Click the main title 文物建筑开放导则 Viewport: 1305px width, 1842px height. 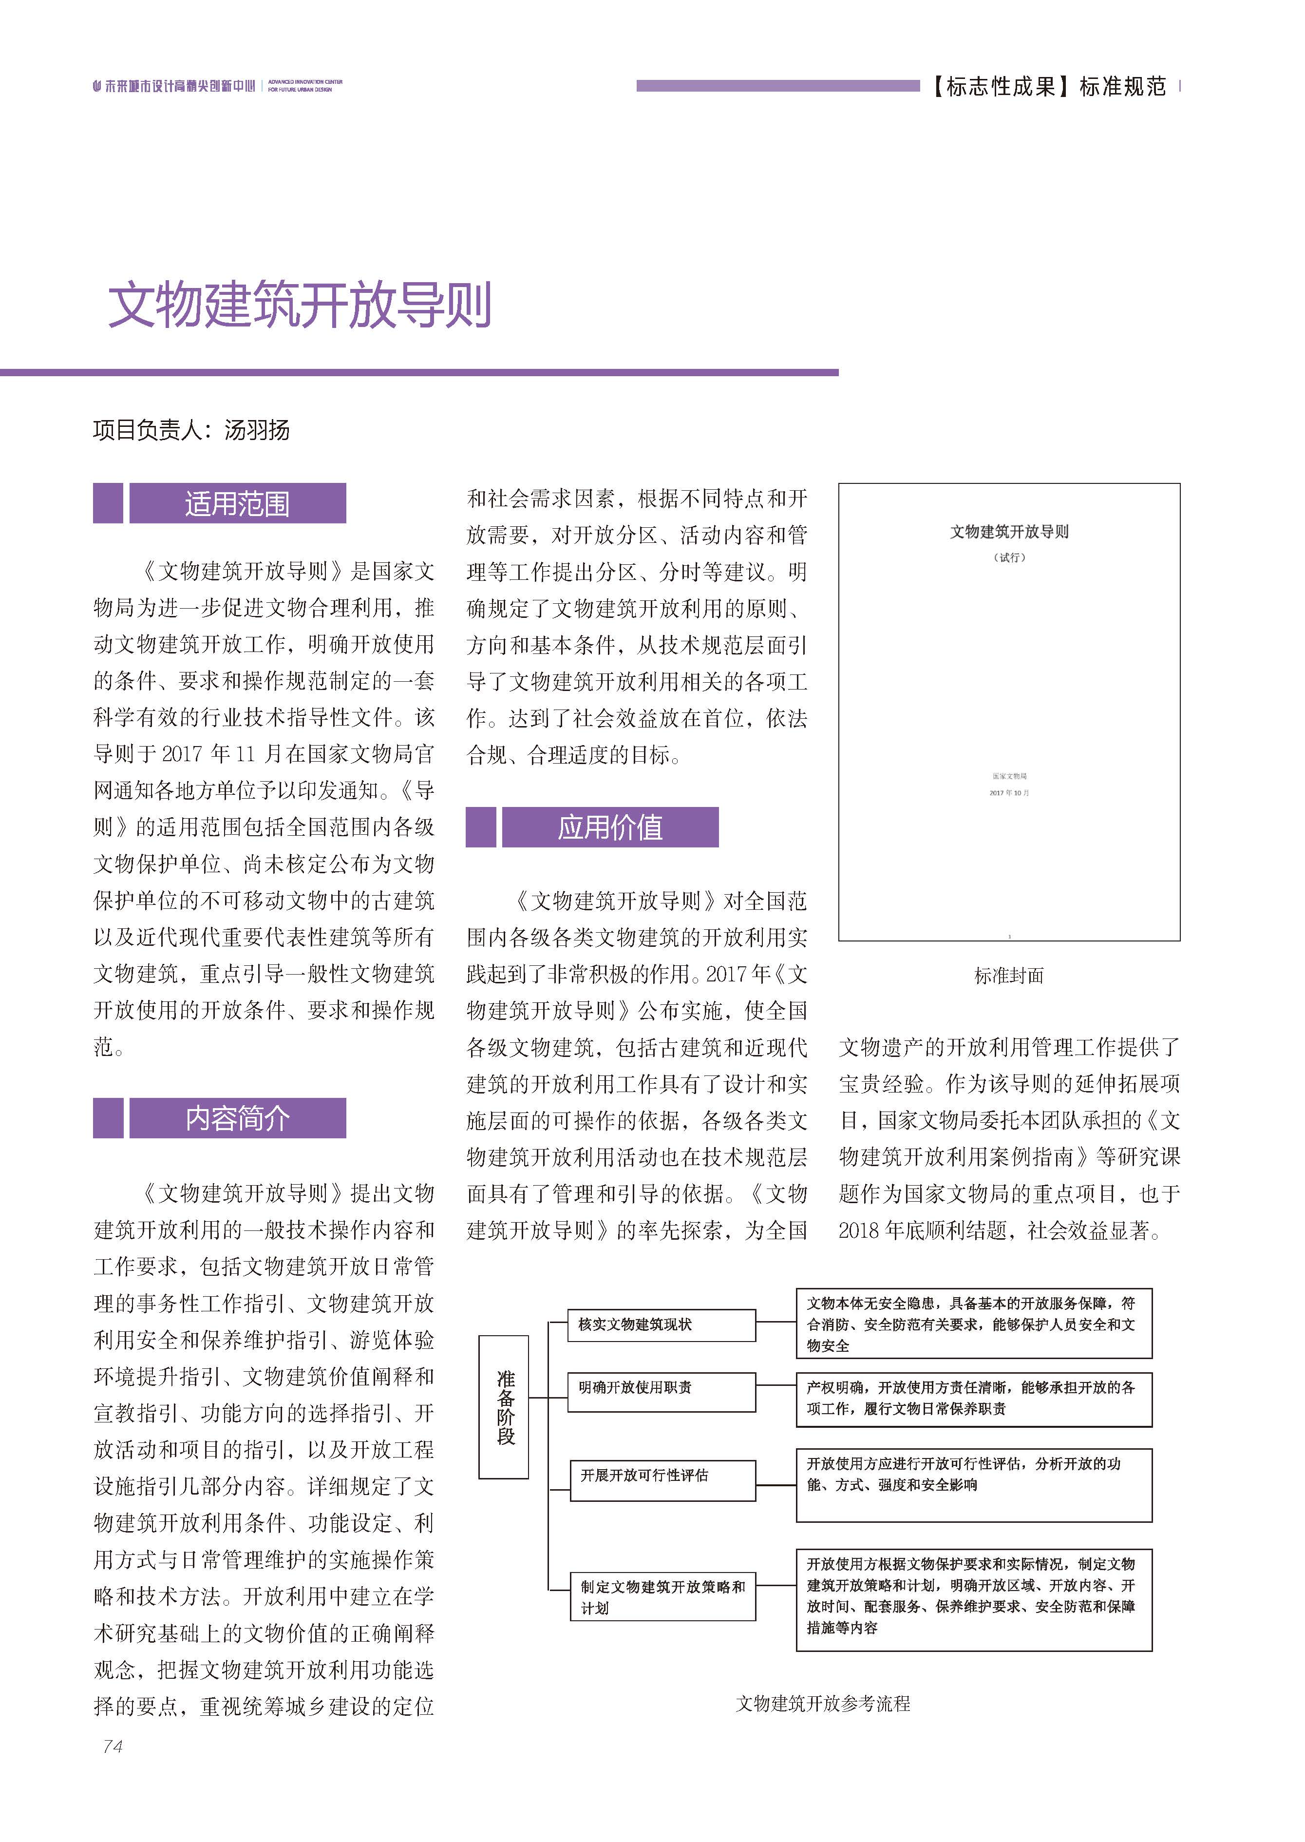coord(300,306)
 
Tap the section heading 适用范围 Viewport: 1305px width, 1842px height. coord(237,504)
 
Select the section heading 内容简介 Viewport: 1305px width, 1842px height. coord(237,1119)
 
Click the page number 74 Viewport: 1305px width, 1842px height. coord(113,1746)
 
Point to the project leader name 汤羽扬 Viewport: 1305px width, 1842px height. coord(257,431)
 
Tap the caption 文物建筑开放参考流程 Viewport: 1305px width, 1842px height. coord(823,1704)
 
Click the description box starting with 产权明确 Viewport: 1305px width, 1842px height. coord(973,1399)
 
